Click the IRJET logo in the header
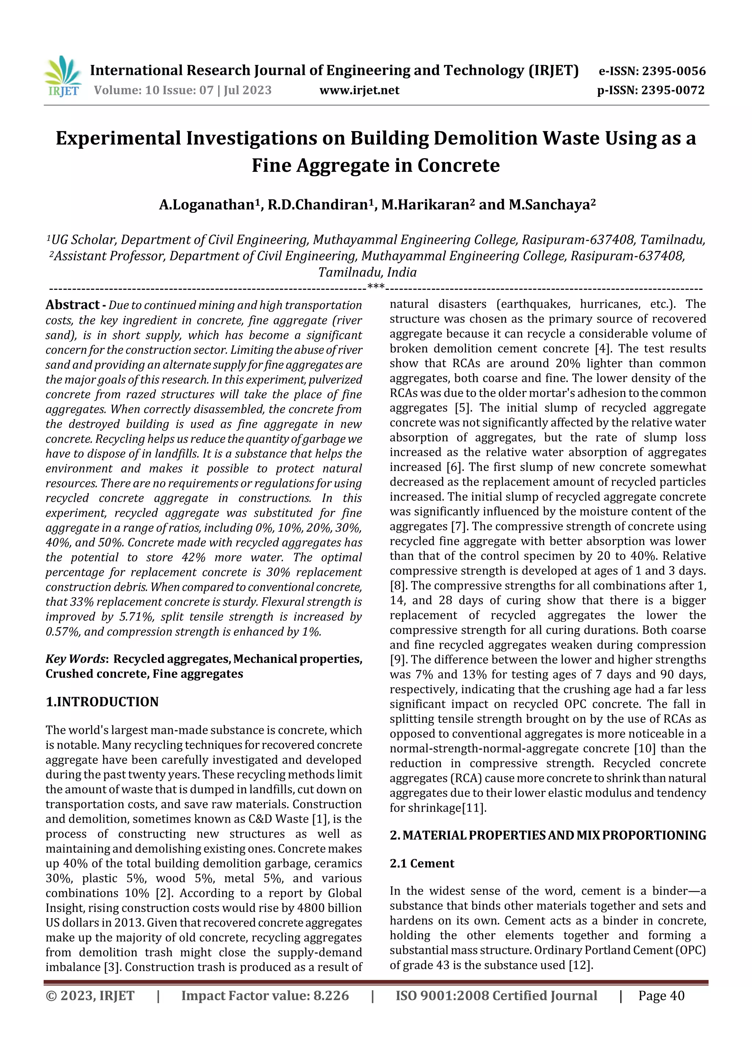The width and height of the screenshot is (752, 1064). [x=62, y=76]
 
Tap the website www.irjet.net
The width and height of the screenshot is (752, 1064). [x=359, y=90]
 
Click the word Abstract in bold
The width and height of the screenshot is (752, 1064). [x=72, y=304]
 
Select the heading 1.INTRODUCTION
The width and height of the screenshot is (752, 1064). [x=102, y=701]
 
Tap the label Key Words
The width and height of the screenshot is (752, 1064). [x=76, y=659]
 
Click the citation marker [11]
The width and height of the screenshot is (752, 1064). [x=474, y=808]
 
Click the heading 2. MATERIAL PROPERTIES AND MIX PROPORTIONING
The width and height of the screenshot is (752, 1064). [x=548, y=835]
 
